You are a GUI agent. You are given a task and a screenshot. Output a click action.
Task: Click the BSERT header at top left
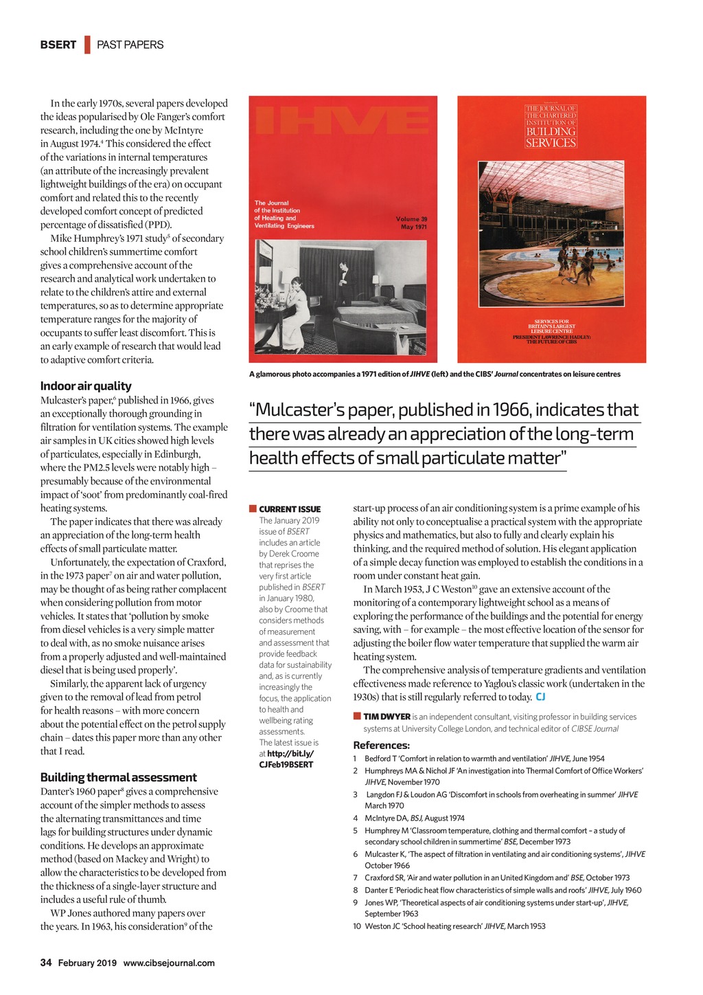(x=58, y=45)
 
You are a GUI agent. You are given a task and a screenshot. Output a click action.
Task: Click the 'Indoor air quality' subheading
(x=86, y=386)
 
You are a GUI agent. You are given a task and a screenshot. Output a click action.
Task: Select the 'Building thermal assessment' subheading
(x=118, y=777)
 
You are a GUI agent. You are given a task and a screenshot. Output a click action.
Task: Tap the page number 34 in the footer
(x=46, y=963)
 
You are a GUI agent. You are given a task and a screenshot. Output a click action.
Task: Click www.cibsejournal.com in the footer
(x=169, y=963)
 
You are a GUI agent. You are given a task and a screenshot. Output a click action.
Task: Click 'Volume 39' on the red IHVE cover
(x=411, y=219)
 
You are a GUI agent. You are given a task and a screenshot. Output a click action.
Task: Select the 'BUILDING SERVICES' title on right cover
(x=551, y=137)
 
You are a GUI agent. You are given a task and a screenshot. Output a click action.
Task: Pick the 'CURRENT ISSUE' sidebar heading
(x=290, y=509)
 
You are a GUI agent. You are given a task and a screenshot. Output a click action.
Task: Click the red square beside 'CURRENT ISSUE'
(x=253, y=509)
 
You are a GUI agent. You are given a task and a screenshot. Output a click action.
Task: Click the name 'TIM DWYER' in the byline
(x=387, y=717)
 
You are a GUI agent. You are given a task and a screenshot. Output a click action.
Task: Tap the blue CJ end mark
(x=540, y=697)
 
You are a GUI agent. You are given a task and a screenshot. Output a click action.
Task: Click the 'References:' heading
(x=381, y=746)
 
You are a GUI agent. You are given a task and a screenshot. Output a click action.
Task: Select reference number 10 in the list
(x=356, y=926)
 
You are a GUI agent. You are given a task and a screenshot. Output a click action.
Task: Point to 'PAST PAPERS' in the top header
(x=130, y=45)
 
